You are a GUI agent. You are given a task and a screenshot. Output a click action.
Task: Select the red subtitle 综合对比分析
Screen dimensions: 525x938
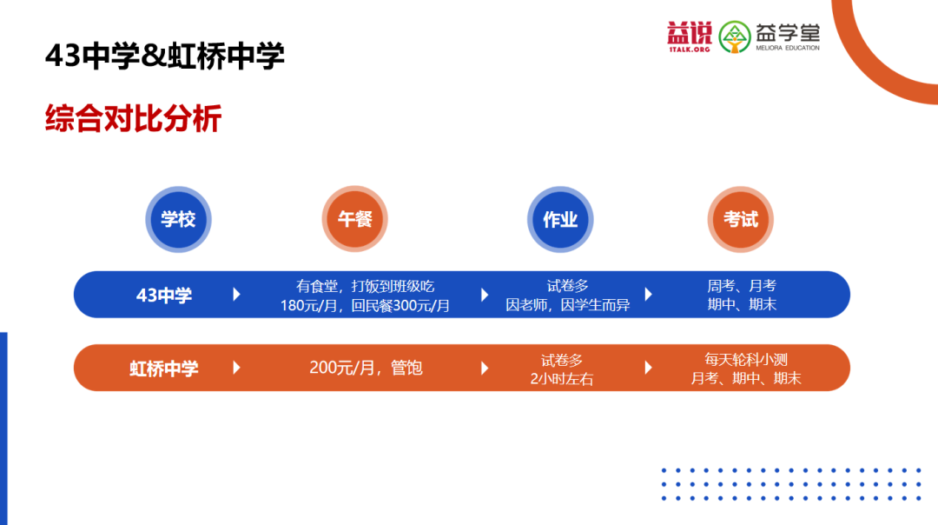pyautogui.click(x=134, y=119)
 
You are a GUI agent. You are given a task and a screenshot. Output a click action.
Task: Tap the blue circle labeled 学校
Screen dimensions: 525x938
pyautogui.click(x=178, y=220)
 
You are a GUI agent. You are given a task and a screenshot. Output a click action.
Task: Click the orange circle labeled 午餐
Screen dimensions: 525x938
pyautogui.click(x=354, y=220)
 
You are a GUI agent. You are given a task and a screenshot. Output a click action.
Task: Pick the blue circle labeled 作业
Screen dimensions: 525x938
pyautogui.click(x=560, y=220)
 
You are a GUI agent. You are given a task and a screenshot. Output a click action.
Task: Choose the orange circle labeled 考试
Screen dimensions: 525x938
pyautogui.click(x=740, y=220)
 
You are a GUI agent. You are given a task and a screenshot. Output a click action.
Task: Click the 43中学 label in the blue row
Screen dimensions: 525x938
pyautogui.click(x=164, y=296)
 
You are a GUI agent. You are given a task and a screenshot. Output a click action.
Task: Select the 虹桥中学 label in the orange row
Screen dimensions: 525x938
pyautogui.click(x=164, y=369)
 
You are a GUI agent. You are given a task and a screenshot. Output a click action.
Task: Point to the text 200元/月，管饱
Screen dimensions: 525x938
pyautogui.click(x=366, y=368)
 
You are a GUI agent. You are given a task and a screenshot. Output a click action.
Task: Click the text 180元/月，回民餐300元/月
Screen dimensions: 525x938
pyautogui.click(x=365, y=305)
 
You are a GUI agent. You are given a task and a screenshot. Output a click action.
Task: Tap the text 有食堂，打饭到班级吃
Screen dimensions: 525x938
pyautogui.click(x=365, y=286)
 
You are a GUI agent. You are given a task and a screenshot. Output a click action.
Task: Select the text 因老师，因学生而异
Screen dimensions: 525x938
pyautogui.click(x=568, y=305)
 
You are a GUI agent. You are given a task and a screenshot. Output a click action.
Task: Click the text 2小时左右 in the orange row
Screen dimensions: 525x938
pyautogui.click(x=562, y=379)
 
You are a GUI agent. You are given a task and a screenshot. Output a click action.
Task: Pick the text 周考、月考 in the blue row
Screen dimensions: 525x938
pyautogui.click(x=742, y=286)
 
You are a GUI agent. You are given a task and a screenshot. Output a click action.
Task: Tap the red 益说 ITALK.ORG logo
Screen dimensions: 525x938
pyautogui.click(x=690, y=36)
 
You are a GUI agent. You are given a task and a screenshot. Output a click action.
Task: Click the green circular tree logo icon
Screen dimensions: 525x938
pyautogui.click(x=736, y=36)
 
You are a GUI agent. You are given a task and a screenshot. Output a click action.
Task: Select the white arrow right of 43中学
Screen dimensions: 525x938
pyautogui.click(x=236, y=295)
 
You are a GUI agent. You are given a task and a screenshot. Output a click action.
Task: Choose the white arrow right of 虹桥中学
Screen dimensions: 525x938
pyautogui.click(x=236, y=368)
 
